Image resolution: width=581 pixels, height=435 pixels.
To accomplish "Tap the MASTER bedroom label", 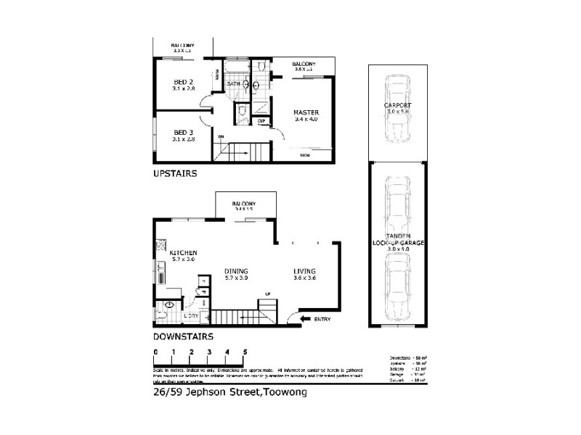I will [x=303, y=112].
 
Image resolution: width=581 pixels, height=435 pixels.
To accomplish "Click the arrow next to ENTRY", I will [x=300, y=319].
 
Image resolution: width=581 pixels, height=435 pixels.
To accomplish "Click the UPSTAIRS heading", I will [x=175, y=175].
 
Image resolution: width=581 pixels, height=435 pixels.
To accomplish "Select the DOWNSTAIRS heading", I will [x=182, y=337].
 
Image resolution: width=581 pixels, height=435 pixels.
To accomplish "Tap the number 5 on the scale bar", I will [x=245, y=352].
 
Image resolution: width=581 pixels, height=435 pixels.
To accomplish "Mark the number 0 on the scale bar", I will [x=155, y=352].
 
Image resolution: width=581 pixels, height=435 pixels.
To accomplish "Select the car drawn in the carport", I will [x=397, y=109].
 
